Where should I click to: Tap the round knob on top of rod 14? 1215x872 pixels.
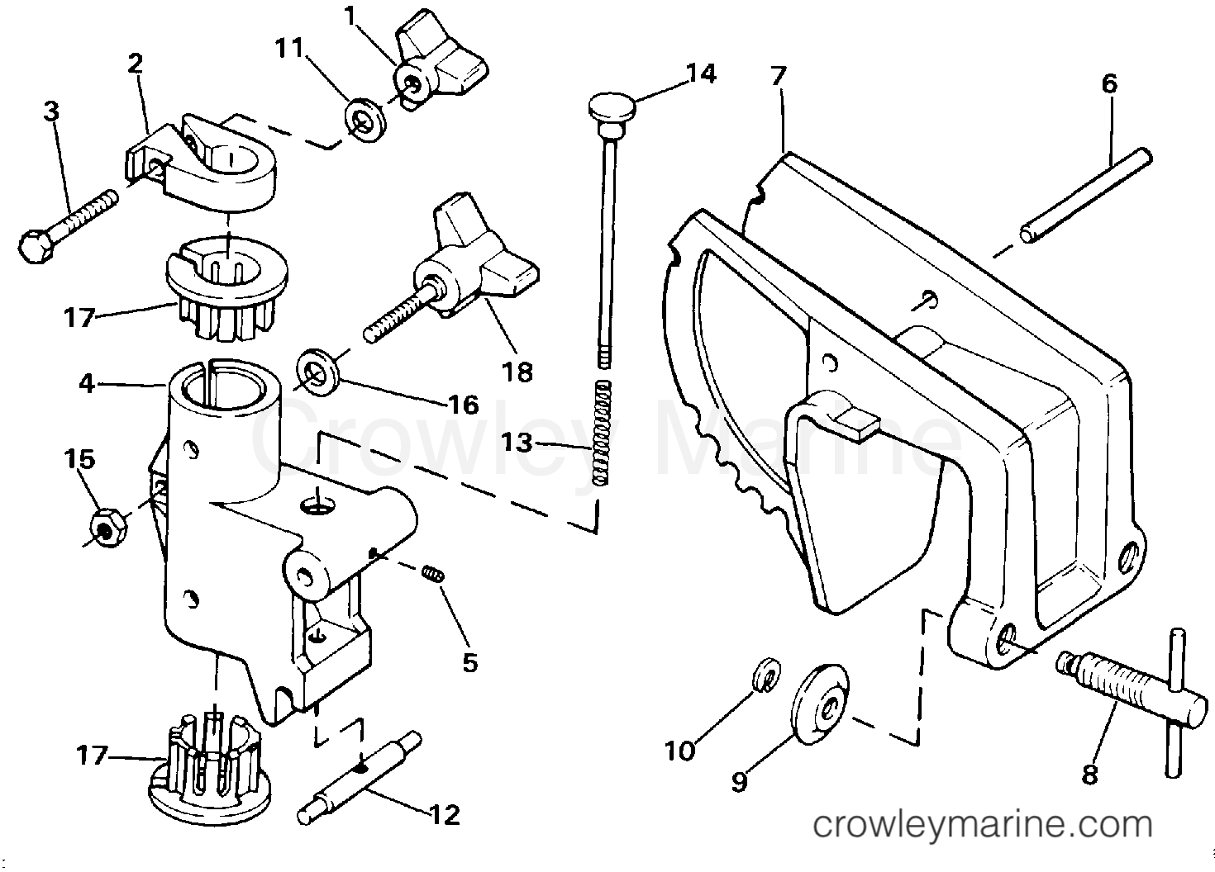[x=612, y=107]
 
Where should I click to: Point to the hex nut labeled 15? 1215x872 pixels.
[x=106, y=526]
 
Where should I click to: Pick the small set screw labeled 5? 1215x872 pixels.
[x=431, y=571]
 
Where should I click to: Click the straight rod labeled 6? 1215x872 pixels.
[x=1084, y=195]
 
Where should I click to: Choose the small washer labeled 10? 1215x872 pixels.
[x=765, y=675]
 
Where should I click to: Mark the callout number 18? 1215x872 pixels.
[x=519, y=372]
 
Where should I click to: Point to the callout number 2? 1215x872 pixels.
[x=136, y=64]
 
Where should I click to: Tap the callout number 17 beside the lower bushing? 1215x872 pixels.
[x=92, y=755]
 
